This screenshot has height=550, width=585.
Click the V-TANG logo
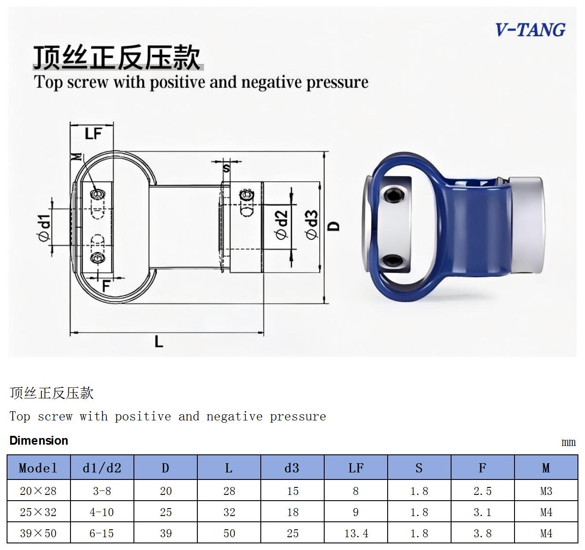pyautogui.click(x=530, y=30)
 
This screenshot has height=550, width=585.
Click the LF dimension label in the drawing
pyautogui.click(x=93, y=134)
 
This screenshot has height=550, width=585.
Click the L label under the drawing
pyautogui.click(x=159, y=342)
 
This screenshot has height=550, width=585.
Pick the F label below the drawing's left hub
pyautogui.click(x=106, y=286)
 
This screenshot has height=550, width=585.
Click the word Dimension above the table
pyautogui.click(x=39, y=441)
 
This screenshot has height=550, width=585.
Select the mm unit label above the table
pyautogui.click(x=568, y=442)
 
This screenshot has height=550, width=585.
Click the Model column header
pyautogui.click(x=38, y=468)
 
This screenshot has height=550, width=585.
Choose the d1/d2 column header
pyautogui.click(x=102, y=468)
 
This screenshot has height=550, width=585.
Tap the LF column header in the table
pyautogui.click(x=356, y=468)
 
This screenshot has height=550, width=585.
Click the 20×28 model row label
pyautogui.click(x=38, y=491)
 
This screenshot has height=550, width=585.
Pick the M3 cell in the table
pyautogui.click(x=546, y=491)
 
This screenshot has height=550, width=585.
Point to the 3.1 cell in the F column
pyautogui.click(x=482, y=512)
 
